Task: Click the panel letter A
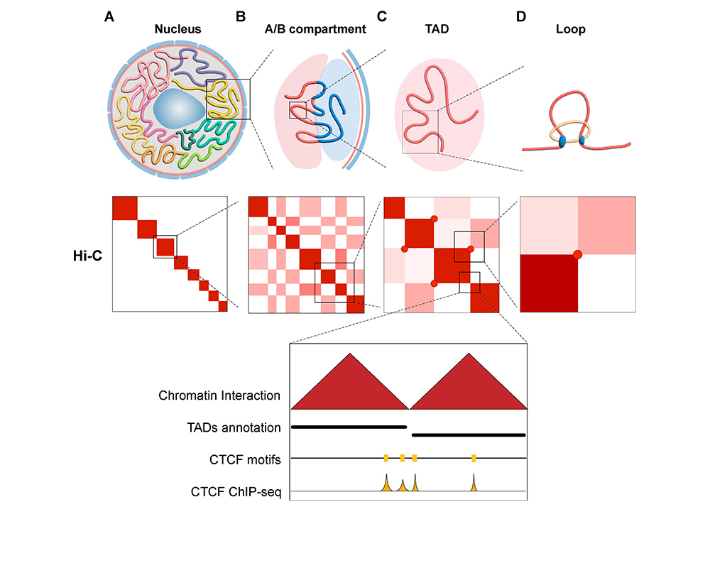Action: (109, 16)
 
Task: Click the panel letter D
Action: (520, 16)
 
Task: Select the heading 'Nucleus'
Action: (178, 30)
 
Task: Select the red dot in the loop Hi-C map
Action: (577, 253)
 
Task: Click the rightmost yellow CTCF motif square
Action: (474, 458)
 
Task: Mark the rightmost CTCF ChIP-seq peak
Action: (474, 484)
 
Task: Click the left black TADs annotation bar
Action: (348, 427)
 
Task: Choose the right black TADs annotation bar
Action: (469, 434)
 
